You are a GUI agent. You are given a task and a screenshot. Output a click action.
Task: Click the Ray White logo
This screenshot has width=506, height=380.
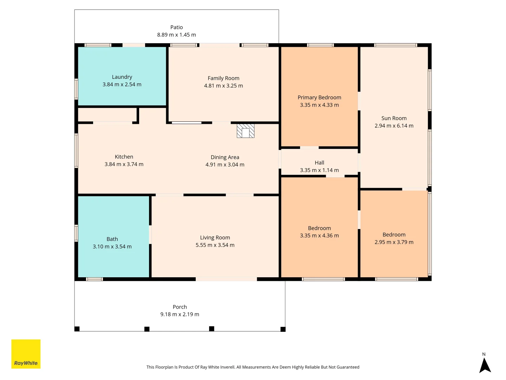point(26,354)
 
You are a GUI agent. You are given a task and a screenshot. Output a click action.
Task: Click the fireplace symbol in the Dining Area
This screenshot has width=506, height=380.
point(245,131)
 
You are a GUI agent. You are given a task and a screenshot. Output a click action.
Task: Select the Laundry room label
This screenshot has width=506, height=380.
point(122,77)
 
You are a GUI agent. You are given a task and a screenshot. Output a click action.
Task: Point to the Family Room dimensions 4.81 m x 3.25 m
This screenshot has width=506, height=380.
point(223,86)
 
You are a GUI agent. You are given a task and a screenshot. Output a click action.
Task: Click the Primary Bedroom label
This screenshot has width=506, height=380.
point(319,97)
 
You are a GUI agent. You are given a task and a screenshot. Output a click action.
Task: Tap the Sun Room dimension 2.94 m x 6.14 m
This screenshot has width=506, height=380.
point(394,126)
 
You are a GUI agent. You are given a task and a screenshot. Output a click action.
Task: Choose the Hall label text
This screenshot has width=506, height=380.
point(319,163)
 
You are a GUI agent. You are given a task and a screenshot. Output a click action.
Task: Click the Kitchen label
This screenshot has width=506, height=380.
point(124,157)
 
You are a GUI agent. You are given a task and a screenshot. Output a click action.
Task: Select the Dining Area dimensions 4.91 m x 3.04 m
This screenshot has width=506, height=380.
point(225,165)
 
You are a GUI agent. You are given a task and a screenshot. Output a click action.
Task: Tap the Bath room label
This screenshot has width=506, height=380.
point(112,239)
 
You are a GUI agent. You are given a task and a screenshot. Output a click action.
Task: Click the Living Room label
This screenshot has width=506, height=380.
point(215,238)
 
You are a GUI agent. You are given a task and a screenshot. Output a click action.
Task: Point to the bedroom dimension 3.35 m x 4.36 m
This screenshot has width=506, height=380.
point(319,236)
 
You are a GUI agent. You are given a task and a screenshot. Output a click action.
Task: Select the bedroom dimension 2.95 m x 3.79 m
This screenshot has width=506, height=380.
point(394,242)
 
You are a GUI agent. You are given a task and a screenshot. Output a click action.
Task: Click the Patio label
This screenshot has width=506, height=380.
point(176,27)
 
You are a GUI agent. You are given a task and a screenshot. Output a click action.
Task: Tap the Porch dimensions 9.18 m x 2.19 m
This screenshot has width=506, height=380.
point(180,315)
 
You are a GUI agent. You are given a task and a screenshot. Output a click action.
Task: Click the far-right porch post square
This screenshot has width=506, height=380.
point(283,329)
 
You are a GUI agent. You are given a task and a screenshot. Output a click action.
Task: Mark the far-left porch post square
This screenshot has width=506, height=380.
point(77,329)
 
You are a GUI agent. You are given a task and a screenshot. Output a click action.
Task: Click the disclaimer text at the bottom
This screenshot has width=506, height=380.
point(253,367)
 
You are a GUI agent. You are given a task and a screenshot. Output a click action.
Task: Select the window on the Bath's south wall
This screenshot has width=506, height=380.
point(95,279)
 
